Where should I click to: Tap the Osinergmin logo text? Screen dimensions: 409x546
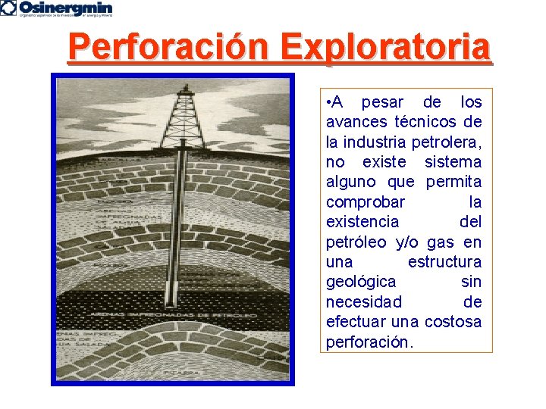coord(66,7)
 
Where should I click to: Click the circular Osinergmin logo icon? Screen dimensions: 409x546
coord(8,8)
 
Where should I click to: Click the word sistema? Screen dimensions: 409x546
coord(453,162)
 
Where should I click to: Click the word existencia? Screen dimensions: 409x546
coord(362,222)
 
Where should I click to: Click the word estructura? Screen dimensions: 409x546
coord(444,262)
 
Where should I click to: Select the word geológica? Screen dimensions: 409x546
coord(361,282)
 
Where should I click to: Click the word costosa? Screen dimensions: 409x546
coord(453,322)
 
